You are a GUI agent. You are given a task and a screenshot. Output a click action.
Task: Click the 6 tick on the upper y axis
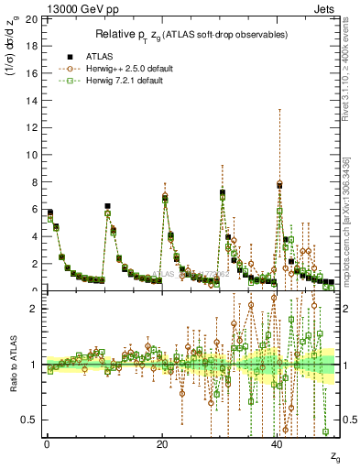[x=36, y=209]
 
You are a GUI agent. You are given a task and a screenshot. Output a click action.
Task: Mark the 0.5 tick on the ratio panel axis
[x=31, y=420]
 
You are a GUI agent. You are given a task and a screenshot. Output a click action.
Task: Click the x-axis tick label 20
[x=162, y=442]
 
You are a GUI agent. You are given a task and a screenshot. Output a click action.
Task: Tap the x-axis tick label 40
[x=278, y=442]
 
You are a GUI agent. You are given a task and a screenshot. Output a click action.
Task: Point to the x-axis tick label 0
[x=47, y=442]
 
